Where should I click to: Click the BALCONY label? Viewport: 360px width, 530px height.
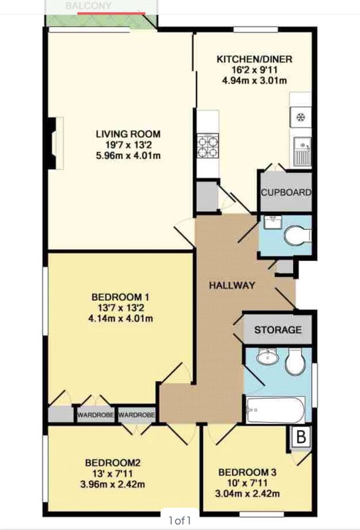pos(88,6)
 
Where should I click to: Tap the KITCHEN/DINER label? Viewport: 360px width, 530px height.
pos(254,59)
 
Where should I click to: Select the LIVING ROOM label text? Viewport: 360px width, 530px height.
pos(128,134)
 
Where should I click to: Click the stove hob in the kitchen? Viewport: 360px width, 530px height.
pos(208,146)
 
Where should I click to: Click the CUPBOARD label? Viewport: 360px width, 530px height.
pos(286,192)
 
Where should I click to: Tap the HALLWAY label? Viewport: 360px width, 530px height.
pos(232,286)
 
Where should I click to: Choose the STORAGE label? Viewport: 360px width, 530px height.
pos(278,329)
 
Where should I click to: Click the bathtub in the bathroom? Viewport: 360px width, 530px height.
pos(275,410)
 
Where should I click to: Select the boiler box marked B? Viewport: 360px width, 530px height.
pos(301,437)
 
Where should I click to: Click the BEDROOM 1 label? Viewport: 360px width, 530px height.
pos(120,297)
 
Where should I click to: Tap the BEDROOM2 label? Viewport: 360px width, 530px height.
pos(113,462)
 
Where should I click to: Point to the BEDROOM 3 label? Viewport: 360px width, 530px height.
pos(247,472)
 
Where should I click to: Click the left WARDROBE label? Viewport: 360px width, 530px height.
pos(95,415)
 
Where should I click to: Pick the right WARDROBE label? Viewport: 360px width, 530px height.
pos(137,415)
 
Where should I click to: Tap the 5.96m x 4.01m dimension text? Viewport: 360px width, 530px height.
pos(128,156)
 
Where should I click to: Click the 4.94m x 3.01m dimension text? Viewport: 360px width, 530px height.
pos(255,81)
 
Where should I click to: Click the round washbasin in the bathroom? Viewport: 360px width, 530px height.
pos(267,357)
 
